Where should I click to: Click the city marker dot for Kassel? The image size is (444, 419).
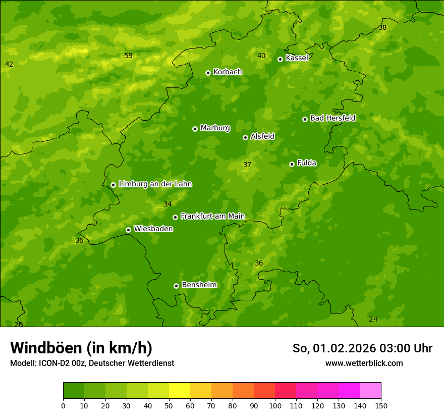(x=280, y=59)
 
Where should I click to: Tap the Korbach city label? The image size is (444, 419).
(x=228, y=72)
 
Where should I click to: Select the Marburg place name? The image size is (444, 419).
(x=215, y=128)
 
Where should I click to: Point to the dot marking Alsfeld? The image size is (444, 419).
(x=245, y=137)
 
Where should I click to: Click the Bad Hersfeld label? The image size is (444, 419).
(x=332, y=118)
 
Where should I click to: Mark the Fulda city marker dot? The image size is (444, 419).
(x=292, y=164)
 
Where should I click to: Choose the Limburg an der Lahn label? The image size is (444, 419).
(x=155, y=184)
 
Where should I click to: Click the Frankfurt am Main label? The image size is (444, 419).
(x=212, y=217)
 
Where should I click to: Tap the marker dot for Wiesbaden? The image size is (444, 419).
(x=128, y=230)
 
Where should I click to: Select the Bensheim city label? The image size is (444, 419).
(x=199, y=285)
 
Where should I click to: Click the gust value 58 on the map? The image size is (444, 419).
(x=128, y=56)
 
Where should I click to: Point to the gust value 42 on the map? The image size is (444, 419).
(x=9, y=64)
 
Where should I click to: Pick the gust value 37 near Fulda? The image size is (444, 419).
(x=247, y=165)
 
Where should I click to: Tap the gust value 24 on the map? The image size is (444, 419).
(x=373, y=319)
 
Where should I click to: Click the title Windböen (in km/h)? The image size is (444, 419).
(x=81, y=348)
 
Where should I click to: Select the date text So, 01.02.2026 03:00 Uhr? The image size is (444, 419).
(x=362, y=348)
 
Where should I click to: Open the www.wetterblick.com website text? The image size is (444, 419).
(x=364, y=363)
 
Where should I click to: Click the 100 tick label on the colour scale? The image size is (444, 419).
(x=275, y=406)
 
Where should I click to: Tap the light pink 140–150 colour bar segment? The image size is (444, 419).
(x=370, y=390)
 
